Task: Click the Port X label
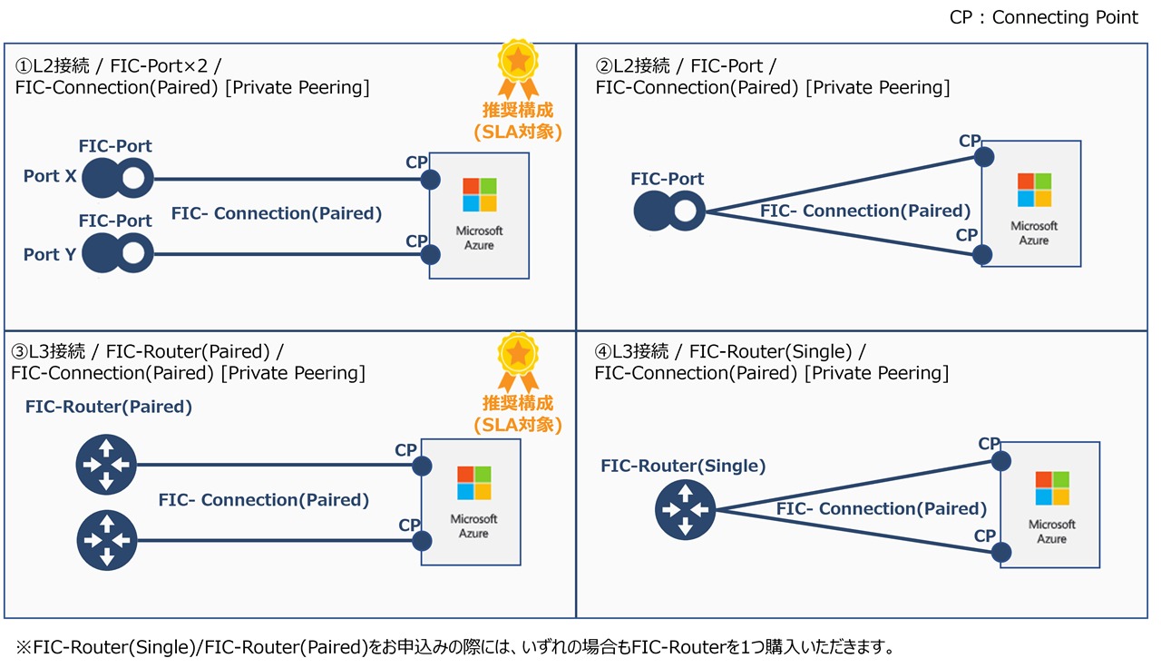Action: pos(50,176)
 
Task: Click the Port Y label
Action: pos(50,254)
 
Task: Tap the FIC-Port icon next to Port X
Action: pos(117,178)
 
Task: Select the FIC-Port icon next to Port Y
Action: pos(117,254)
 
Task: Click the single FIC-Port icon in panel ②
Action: pos(668,212)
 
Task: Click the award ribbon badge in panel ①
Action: pos(518,68)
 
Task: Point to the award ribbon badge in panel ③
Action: pos(518,361)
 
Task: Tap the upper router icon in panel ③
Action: pos(106,465)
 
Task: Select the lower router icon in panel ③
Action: pos(106,541)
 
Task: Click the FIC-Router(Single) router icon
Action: pos(686,510)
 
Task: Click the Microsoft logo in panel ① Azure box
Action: pos(479,194)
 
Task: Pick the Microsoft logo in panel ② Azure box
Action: pos(1034,190)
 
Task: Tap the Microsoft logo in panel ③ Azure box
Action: pos(473,483)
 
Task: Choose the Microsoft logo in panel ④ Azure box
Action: pos(1052,488)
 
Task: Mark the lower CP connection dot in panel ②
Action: pos(982,254)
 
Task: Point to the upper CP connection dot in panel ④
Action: pos(1000,461)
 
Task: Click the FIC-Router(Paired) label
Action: pos(109,407)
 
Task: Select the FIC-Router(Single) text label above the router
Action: pos(683,466)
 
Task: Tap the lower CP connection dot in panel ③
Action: pos(422,541)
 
